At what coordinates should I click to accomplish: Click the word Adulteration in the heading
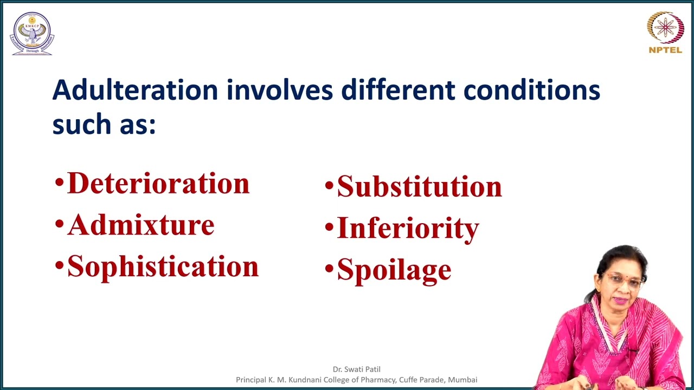click(x=135, y=90)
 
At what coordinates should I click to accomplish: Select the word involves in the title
click(x=279, y=90)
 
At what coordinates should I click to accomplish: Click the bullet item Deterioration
click(x=158, y=184)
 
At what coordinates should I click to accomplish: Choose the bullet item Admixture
click(x=140, y=225)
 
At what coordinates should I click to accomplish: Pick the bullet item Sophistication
click(x=163, y=266)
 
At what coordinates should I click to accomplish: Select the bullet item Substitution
click(x=419, y=186)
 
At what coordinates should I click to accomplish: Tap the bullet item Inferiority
click(x=408, y=228)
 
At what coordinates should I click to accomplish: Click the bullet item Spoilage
click(x=394, y=270)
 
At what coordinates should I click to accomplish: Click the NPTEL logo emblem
click(x=665, y=28)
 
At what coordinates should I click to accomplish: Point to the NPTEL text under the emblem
click(x=665, y=50)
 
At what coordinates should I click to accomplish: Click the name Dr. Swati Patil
click(x=356, y=369)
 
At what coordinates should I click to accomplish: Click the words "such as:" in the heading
click(x=104, y=125)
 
